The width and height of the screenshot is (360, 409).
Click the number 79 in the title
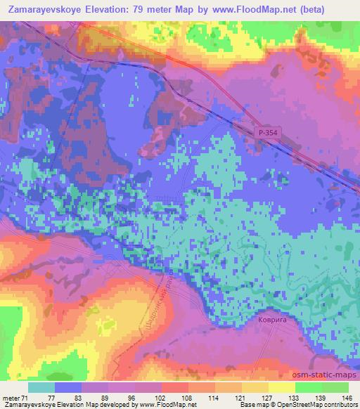(160, 10)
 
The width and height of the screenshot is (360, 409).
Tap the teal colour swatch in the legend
(41, 387)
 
